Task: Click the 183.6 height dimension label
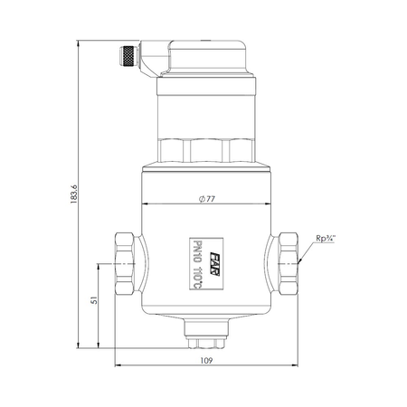74,194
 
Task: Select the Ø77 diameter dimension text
207,199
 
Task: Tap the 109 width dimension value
206,360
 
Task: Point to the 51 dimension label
94,300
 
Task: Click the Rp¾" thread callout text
326,238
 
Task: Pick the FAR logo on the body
214,264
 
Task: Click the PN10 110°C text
197,264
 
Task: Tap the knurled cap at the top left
128,56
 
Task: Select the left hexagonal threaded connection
125,263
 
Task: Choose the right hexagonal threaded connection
288,263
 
